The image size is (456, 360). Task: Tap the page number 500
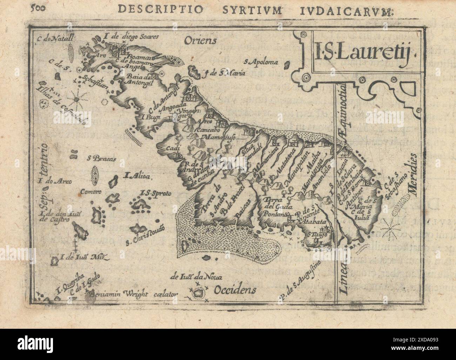coord(38,9)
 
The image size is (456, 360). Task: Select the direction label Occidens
coord(235,290)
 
